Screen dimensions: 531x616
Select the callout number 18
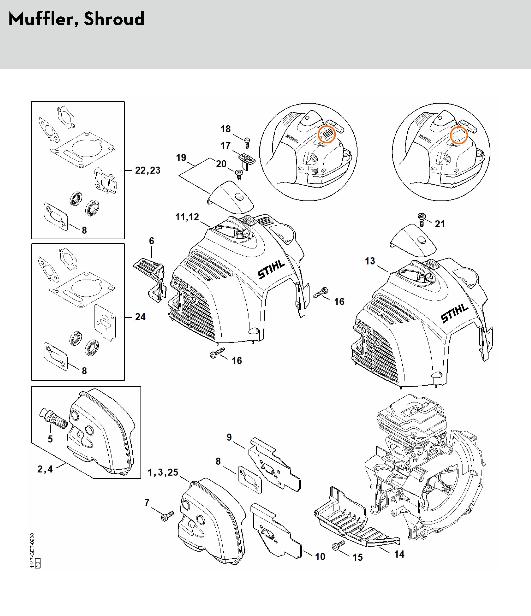(226, 129)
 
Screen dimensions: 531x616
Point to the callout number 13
(370, 261)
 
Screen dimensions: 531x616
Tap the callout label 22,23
(148, 170)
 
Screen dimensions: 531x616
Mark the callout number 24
(140, 317)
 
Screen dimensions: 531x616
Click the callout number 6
(151, 241)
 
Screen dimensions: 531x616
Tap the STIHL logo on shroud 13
(454, 313)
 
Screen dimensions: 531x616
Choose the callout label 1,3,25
(163, 472)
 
